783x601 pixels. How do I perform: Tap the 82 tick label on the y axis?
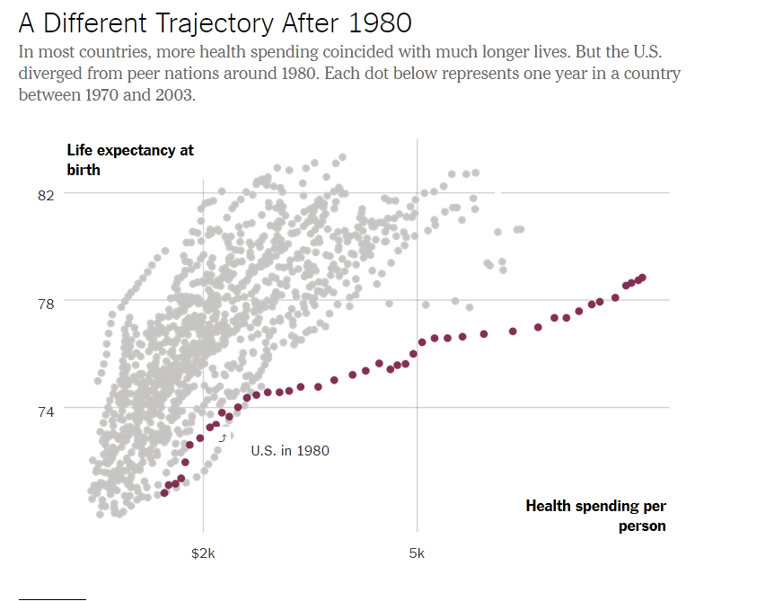pyautogui.click(x=46, y=194)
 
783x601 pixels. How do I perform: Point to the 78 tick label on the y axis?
pyautogui.click(x=46, y=303)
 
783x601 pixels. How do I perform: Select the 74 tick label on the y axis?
pyautogui.click(x=46, y=411)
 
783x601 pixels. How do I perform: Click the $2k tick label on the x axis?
pyautogui.click(x=203, y=553)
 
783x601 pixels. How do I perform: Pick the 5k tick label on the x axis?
pyautogui.click(x=417, y=553)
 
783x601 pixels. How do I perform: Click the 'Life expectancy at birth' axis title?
pyautogui.click(x=130, y=160)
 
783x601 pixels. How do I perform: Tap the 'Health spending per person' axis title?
pyautogui.click(x=596, y=516)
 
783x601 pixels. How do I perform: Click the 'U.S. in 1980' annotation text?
pyautogui.click(x=290, y=450)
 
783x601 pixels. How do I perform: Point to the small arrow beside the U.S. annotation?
pyautogui.click(x=223, y=437)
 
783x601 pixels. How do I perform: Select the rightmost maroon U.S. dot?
pyautogui.click(x=642, y=278)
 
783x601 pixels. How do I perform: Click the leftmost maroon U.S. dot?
pyautogui.click(x=164, y=493)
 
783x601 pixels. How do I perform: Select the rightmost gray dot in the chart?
pyautogui.click(x=520, y=229)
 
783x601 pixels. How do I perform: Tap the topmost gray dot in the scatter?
pyautogui.click(x=342, y=157)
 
